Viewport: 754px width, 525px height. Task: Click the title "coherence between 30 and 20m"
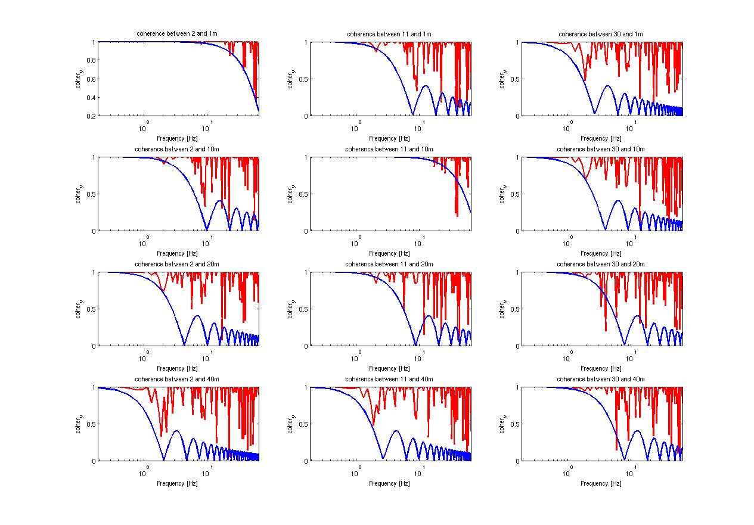[x=601, y=264]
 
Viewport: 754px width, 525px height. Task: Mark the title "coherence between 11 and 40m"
[x=389, y=379]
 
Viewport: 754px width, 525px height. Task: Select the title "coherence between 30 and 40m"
[x=601, y=379]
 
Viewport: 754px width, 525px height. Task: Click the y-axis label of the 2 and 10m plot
[x=79, y=194]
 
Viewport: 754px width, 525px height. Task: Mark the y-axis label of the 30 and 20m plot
[x=502, y=309]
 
